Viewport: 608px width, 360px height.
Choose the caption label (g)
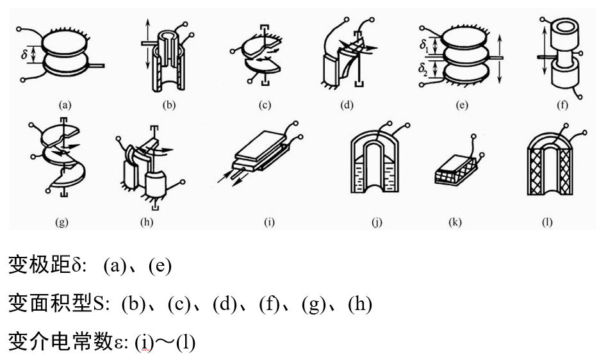point(62,222)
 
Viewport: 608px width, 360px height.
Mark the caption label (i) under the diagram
point(269,222)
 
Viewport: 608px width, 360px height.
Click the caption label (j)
point(376,222)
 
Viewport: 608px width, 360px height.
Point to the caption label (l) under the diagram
point(547,222)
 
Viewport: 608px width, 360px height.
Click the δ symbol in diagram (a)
point(24,56)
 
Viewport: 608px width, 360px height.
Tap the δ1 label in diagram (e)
point(424,45)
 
